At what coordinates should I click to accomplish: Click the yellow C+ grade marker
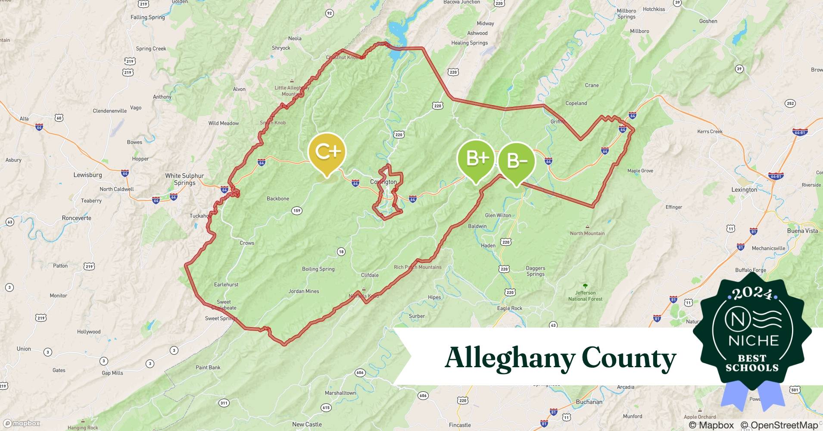click(327, 152)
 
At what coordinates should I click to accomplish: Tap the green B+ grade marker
click(476, 159)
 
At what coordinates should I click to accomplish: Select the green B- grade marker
click(517, 161)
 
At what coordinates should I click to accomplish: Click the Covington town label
click(383, 182)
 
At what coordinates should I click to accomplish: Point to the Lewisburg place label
click(87, 175)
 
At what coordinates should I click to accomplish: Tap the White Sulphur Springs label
click(184, 179)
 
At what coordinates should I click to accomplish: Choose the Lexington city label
click(744, 190)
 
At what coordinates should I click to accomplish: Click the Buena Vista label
click(802, 231)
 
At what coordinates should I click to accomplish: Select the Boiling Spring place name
click(318, 269)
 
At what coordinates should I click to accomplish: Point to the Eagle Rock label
click(509, 308)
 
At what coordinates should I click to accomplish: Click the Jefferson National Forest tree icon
click(585, 286)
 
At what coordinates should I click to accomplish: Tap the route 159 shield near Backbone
click(296, 211)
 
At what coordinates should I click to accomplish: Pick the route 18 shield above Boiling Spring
click(341, 252)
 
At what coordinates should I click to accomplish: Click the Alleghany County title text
click(560, 358)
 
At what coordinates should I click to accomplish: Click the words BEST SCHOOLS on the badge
click(752, 363)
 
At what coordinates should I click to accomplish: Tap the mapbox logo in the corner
click(22, 423)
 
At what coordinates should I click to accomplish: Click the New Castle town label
click(307, 424)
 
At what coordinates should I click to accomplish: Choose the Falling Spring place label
click(147, 17)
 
